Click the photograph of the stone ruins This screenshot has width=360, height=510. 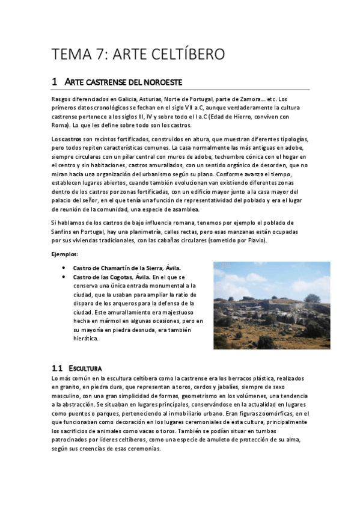coord(272,306)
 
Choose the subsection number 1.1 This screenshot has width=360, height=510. coord(57,367)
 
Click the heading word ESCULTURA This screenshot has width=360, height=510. coord(85,367)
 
